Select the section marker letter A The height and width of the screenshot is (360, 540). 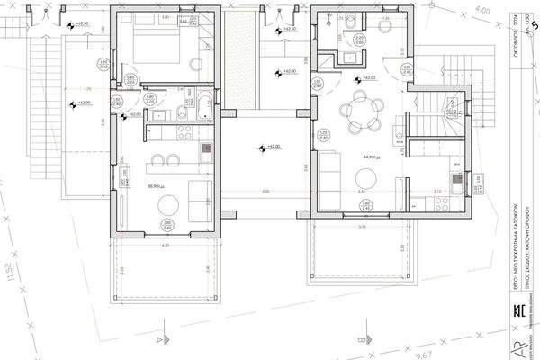pyautogui.click(x=159, y=339)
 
